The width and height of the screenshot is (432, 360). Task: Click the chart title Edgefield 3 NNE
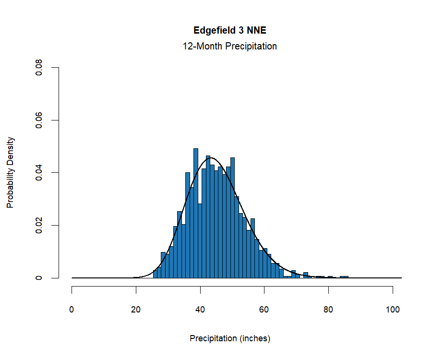point(229,30)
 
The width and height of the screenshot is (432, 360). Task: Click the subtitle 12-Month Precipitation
point(229,47)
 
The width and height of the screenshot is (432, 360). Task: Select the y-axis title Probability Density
point(10,172)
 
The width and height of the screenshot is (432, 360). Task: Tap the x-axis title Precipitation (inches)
point(230,338)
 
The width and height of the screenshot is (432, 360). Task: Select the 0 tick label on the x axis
point(72,310)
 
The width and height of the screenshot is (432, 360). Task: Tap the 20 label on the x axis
point(136,310)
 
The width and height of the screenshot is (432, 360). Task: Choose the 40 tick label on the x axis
point(200,310)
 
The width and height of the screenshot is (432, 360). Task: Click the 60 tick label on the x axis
point(264,310)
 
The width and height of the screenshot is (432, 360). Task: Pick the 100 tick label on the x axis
point(393,310)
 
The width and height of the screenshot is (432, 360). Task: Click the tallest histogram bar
point(196,214)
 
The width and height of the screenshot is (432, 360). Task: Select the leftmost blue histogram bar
point(155,274)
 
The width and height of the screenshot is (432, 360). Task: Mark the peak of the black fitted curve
point(212,158)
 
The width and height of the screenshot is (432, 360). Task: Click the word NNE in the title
point(256,30)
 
